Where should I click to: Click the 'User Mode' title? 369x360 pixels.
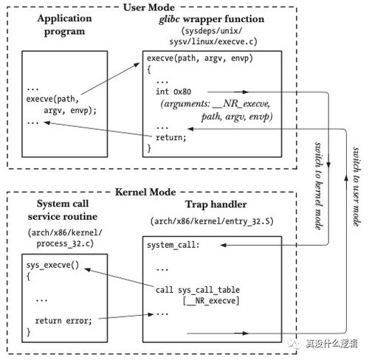(x=149, y=7)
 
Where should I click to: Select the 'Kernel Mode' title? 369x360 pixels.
(x=145, y=192)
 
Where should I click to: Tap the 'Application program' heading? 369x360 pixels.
(x=64, y=25)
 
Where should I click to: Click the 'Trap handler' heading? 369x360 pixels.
(x=216, y=204)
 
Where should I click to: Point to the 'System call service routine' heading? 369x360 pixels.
(x=63, y=210)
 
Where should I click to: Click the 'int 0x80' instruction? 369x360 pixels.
(x=173, y=91)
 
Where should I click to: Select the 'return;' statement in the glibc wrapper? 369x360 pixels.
(x=171, y=137)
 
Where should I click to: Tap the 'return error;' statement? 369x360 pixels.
(x=63, y=321)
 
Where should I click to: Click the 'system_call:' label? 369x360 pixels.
(x=173, y=245)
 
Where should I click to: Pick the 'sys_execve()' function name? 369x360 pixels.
(x=52, y=265)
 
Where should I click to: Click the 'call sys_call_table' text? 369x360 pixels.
(x=198, y=290)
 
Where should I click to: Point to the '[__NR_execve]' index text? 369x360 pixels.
(x=211, y=301)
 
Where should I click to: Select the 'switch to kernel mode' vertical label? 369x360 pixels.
(x=319, y=186)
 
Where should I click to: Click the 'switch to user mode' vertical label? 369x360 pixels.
(x=356, y=187)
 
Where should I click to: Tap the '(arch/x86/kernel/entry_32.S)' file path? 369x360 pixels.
(x=212, y=221)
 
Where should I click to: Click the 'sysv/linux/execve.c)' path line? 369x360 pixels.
(x=213, y=41)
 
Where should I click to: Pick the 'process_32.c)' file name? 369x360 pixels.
(x=65, y=243)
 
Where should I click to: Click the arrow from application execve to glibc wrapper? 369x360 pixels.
(x=110, y=79)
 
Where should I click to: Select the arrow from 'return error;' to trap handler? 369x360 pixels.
(x=125, y=316)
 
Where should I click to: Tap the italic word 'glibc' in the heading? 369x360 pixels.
(x=169, y=19)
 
